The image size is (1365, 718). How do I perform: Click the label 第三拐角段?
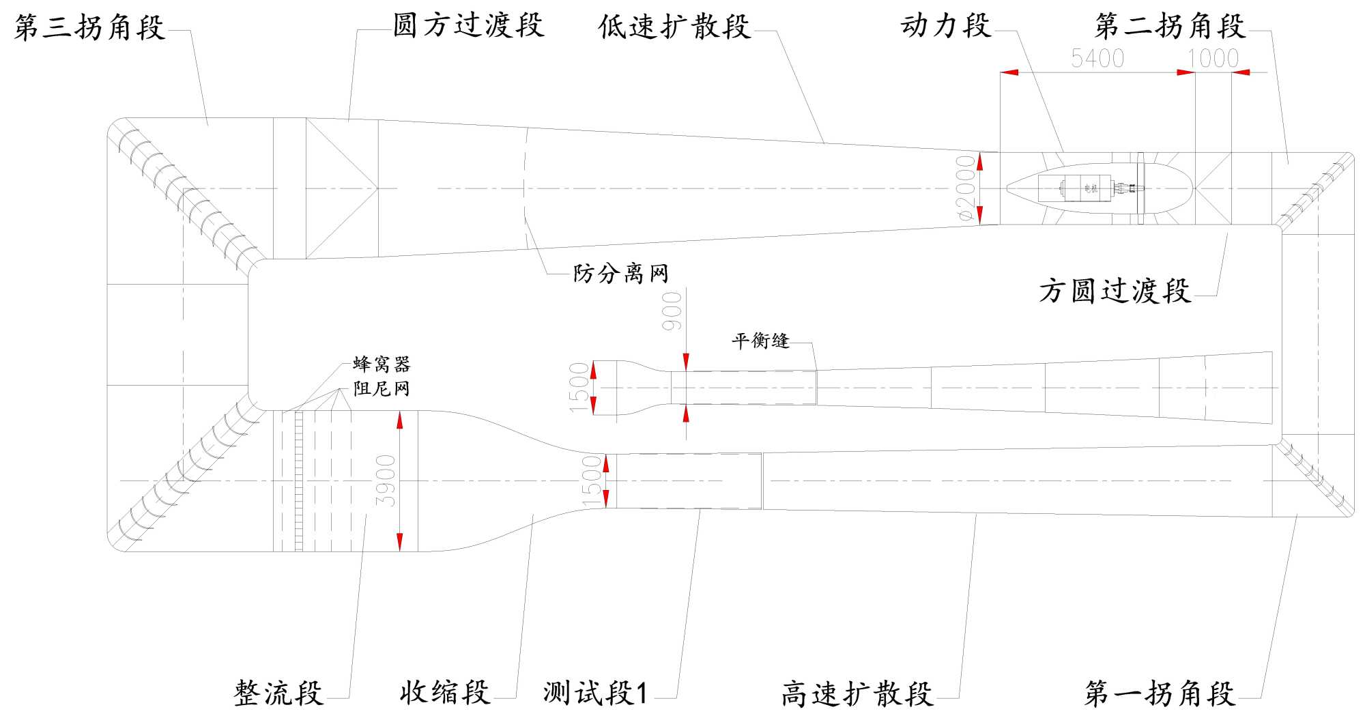tap(89, 27)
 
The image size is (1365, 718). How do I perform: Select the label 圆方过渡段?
tap(468, 26)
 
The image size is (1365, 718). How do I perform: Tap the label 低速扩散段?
tap(674, 27)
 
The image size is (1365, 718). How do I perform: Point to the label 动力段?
tap(945, 26)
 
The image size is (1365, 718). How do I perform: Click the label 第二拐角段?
tap(1170, 26)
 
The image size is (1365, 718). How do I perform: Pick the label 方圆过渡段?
tap(1115, 291)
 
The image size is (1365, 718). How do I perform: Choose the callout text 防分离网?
tap(620, 274)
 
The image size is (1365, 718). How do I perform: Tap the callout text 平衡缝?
tap(760, 341)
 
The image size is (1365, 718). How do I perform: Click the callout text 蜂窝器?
tap(382, 364)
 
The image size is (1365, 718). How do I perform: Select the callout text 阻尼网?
tap(382, 388)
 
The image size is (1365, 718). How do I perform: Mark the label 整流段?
tap(278, 693)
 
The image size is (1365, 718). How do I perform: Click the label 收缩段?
tap(444, 692)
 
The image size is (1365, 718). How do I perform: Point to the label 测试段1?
tap(595, 693)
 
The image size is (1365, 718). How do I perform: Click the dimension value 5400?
tap(1097, 59)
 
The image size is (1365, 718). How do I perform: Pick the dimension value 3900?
tap(386, 480)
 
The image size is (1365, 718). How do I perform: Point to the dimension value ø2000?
tap(965, 188)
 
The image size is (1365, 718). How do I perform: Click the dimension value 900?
tap(672, 311)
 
